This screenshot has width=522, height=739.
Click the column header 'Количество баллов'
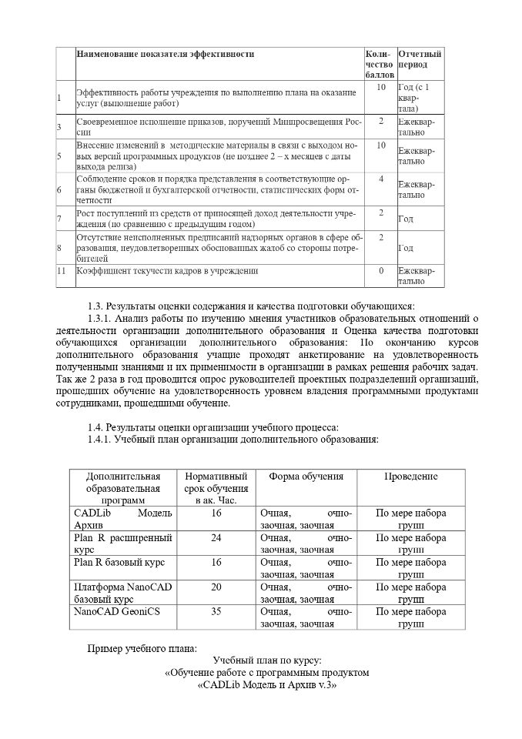point(380,65)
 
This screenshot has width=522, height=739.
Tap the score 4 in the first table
point(380,179)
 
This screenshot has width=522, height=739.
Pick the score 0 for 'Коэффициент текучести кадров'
point(380,271)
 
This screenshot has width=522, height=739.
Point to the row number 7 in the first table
point(59,219)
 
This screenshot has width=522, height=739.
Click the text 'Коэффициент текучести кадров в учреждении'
point(167,271)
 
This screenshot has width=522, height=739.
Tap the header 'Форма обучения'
point(306,477)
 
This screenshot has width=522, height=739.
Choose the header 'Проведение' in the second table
point(410,477)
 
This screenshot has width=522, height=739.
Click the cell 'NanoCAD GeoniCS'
point(111,611)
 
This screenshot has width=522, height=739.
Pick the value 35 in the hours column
point(216,611)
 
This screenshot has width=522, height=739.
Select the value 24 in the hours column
point(216,537)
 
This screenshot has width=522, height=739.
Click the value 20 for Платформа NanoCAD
point(216,587)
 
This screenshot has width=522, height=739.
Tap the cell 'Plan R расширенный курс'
point(122,543)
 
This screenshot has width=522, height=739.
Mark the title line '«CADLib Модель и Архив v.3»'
point(268,684)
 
